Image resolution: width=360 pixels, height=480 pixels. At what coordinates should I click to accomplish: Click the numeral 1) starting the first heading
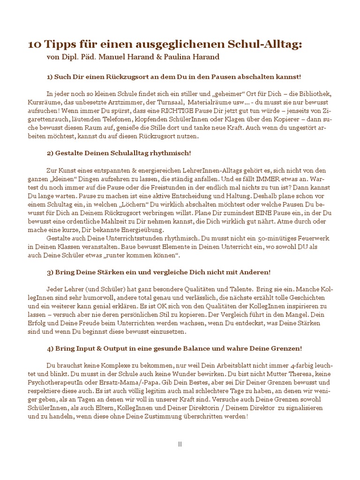50,76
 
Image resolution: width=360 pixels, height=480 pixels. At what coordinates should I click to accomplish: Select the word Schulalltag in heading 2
130,153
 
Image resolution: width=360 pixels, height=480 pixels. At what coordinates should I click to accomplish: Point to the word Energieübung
142,230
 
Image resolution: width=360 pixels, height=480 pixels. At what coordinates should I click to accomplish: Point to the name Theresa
296,375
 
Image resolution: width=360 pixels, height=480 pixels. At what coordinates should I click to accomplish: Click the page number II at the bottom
180,444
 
